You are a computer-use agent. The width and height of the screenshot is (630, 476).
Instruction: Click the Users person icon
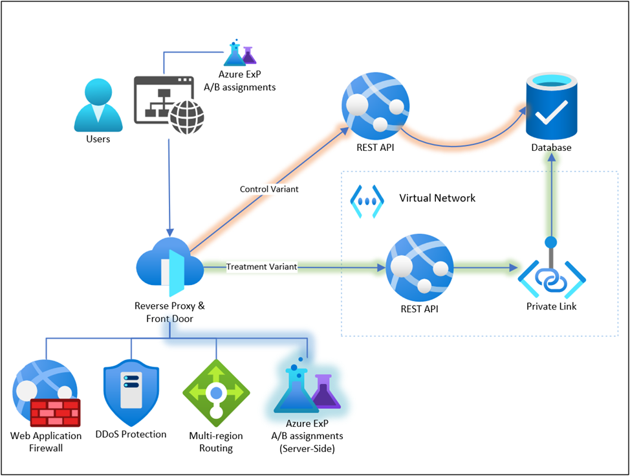[x=98, y=105]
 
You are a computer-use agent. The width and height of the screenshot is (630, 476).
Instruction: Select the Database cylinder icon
[x=550, y=106]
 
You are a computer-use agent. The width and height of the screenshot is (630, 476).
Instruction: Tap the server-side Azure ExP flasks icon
[x=307, y=389]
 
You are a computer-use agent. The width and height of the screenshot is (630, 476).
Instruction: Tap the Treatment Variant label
[x=261, y=267]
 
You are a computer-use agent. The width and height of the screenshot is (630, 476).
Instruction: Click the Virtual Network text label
[x=437, y=198]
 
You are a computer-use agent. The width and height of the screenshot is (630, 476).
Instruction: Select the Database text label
[x=551, y=148]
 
